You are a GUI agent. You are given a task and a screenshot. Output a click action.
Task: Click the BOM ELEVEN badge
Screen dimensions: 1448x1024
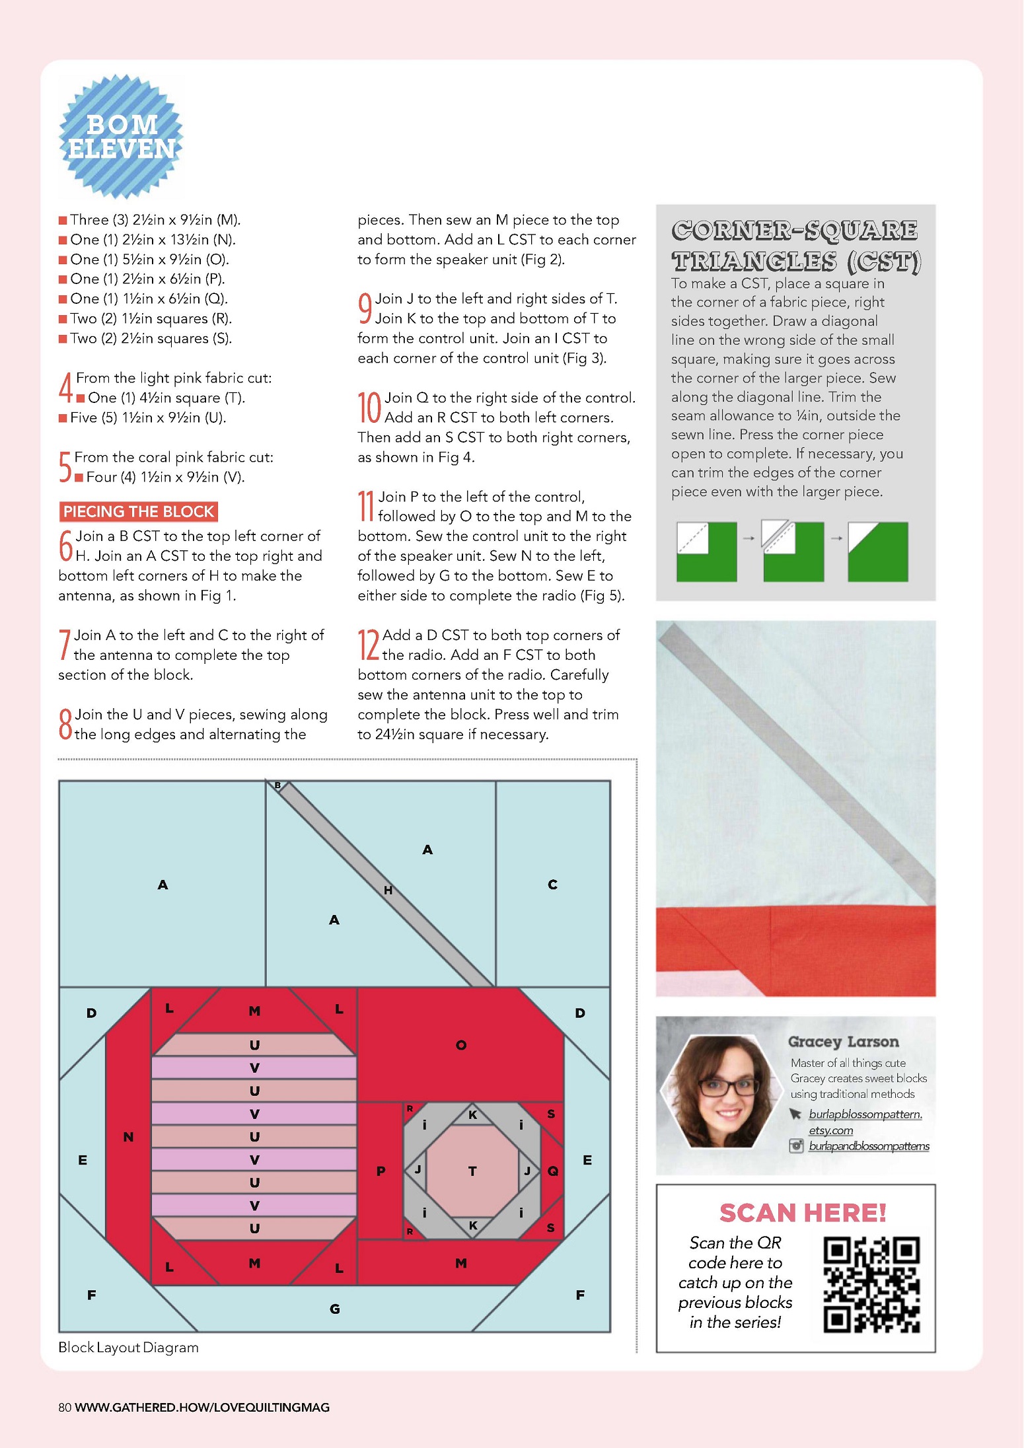coord(122,137)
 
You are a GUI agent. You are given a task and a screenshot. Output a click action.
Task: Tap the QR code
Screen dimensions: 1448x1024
coord(871,1285)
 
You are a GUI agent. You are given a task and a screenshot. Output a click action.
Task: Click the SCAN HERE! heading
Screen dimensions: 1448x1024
coord(803,1213)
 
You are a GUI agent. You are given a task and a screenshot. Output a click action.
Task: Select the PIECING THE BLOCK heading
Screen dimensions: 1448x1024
coord(139,511)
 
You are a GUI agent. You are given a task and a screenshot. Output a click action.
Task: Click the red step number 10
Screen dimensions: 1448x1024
coord(369,408)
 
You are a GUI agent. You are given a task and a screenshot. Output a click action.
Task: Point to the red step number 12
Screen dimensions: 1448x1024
coord(368,645)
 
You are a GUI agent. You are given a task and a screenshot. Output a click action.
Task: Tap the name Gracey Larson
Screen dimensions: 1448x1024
coord(843,1042)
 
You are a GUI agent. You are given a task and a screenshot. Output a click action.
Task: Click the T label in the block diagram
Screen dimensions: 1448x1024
coord(472,1171)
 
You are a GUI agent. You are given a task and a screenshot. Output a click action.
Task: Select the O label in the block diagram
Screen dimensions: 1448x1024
coord(461,1045)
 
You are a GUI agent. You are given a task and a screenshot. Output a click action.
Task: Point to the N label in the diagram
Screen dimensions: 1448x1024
coord(128,1137)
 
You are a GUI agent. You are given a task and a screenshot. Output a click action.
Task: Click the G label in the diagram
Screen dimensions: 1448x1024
coord(335,1309)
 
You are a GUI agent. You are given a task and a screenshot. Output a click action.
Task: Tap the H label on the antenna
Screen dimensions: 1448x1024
coord(388,890)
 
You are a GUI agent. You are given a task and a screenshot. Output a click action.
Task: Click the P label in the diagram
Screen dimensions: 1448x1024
coord(381,1171)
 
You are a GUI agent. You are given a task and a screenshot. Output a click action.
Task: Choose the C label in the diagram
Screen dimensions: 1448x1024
coord(552,885)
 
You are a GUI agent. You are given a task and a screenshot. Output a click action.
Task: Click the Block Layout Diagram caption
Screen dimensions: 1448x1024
coord(128,1348)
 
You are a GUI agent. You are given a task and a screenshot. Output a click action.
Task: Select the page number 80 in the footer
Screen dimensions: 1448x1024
coord(65,1407)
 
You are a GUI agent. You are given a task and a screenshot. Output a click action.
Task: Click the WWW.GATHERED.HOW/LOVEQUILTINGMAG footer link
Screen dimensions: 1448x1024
coord(202,1407)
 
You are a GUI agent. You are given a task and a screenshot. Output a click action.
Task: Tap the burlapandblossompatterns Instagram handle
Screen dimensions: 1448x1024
coord(869,1146)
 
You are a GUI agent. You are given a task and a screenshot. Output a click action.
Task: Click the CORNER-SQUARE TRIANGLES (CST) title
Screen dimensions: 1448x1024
coord(795,246)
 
